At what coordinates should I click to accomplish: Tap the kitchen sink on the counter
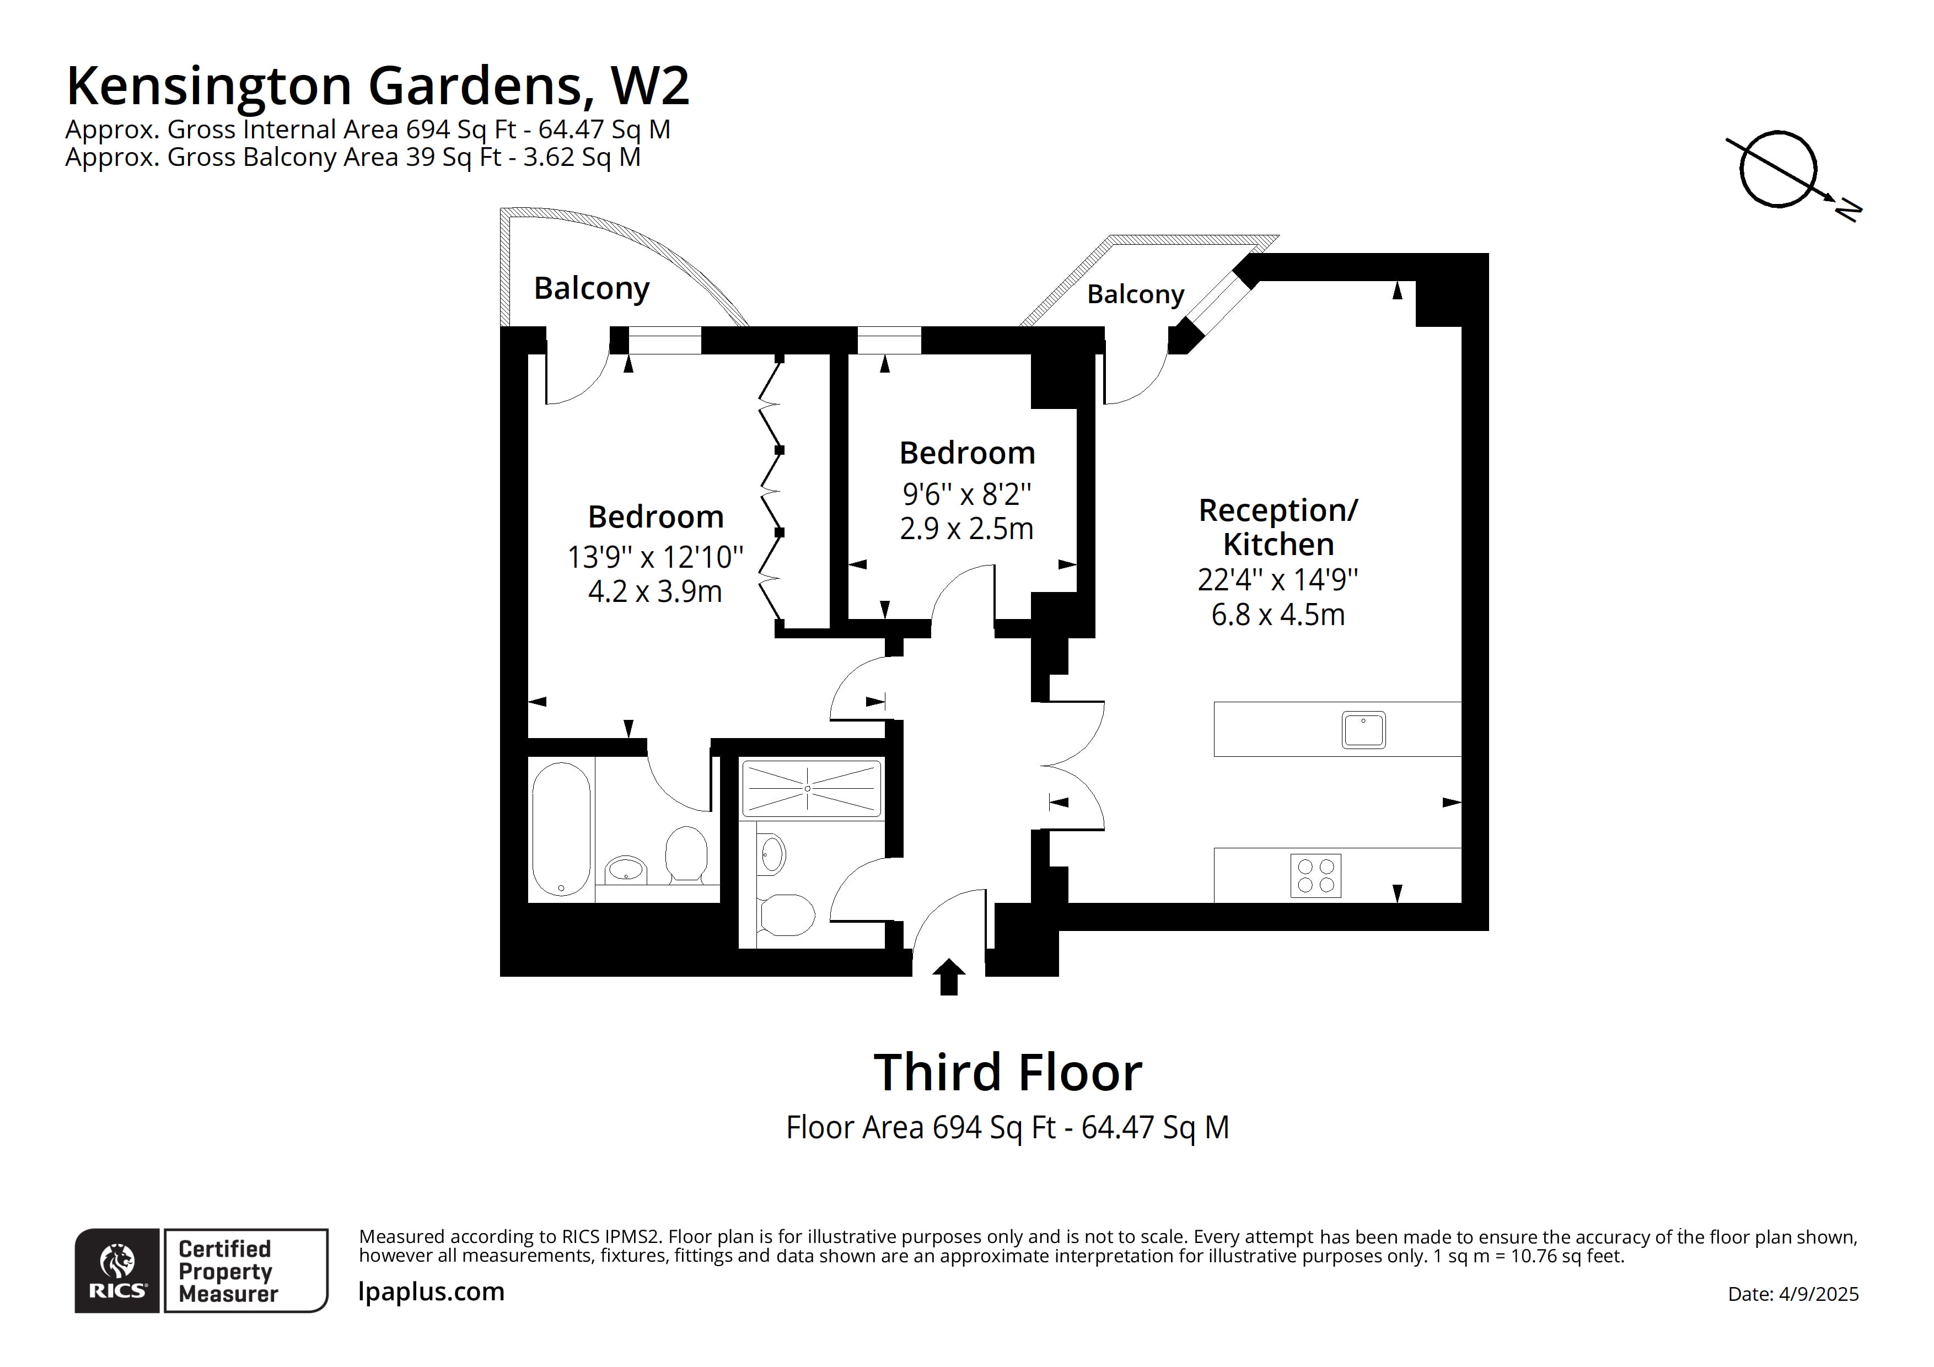[1363, 730]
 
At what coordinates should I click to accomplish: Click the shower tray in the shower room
[810, 788]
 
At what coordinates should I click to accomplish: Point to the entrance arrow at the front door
[949, 977]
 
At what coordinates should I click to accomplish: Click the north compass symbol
[1779, 169]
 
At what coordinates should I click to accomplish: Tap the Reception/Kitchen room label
[1278, 528]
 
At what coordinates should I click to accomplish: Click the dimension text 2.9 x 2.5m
[966, 529]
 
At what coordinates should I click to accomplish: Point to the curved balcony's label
[592, 288]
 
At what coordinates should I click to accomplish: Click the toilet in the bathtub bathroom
[686, 853]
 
